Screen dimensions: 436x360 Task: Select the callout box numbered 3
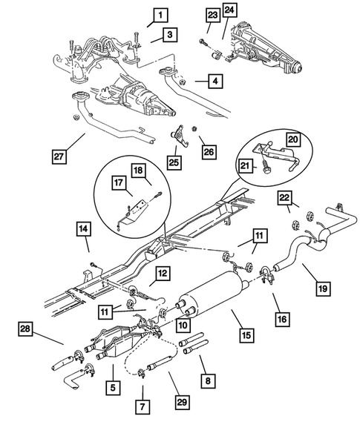(x=170, y=34)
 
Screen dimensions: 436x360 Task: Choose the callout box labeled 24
(x=230, y=10)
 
